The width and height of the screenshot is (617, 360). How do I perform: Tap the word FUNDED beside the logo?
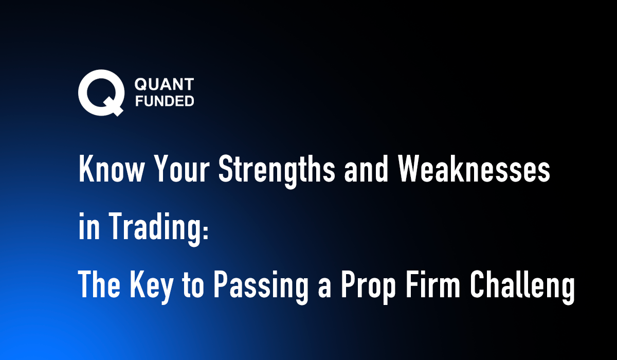(164, 100)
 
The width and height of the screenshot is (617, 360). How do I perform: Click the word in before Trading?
(88, 228)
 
